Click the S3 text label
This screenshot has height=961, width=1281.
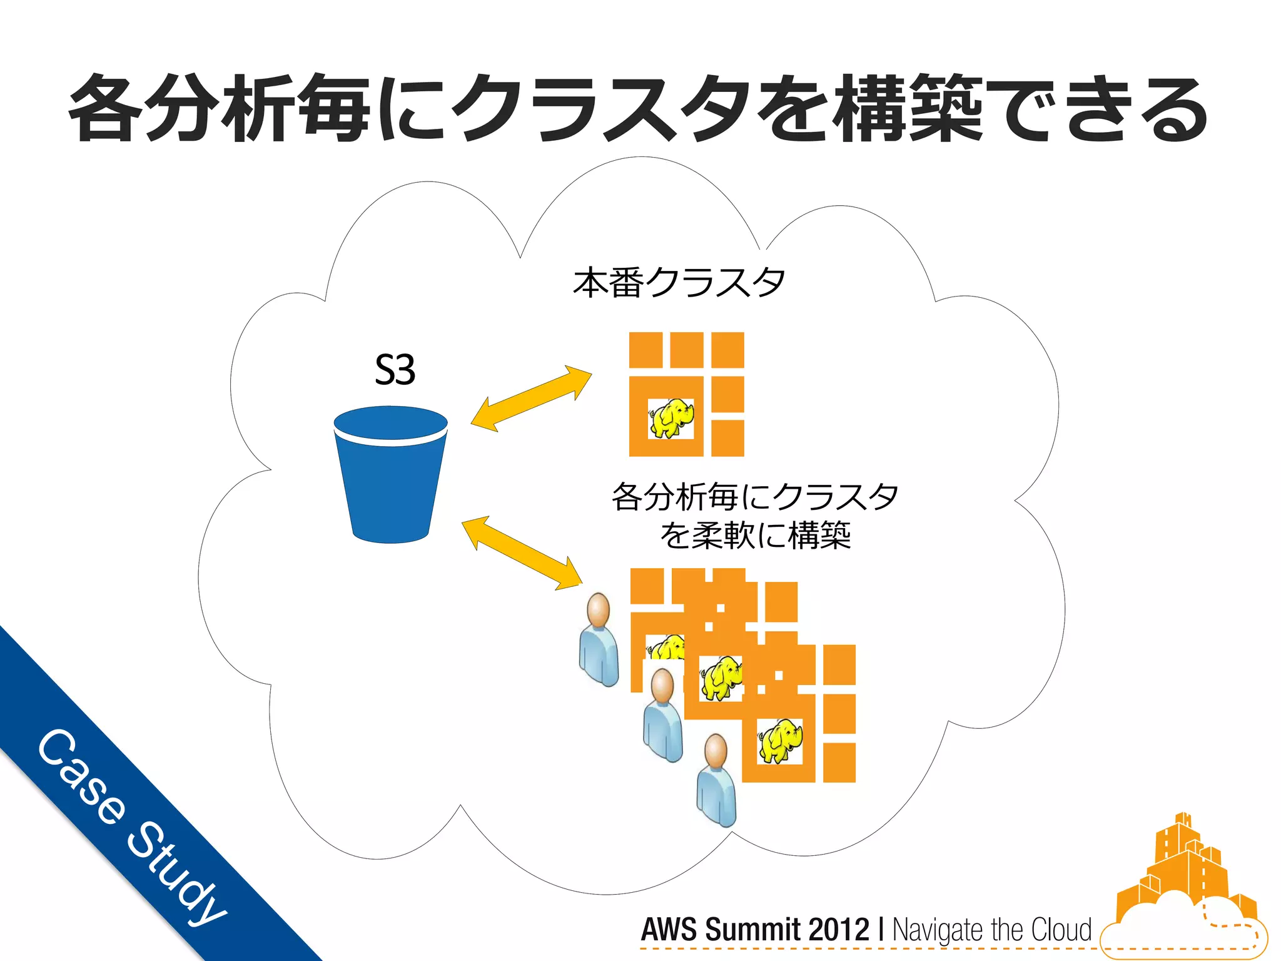395,370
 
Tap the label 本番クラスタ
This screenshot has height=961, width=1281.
679,282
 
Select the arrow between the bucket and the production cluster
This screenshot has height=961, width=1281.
531,399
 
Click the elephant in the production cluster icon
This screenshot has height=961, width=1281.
671,418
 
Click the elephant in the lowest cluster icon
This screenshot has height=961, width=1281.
780,741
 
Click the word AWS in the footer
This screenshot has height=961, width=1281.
669,930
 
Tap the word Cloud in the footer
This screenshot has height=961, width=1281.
1061,930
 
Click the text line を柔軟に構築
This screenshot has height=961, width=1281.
756,536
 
